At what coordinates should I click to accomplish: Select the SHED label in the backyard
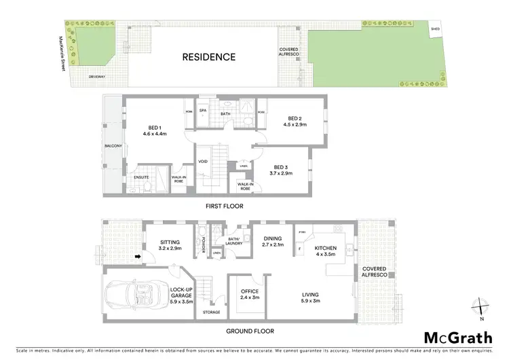point(436,29)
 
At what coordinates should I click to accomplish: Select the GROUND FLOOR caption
point(250,331)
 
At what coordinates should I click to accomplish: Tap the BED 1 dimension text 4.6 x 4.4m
point(155,134)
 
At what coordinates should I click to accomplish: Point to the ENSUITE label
point(141,177)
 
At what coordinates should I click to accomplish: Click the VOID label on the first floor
point(202,161)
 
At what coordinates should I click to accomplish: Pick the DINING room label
point(271,238)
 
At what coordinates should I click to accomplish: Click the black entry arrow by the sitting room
point(138,257)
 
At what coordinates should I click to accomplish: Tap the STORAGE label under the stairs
point(212,312)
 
